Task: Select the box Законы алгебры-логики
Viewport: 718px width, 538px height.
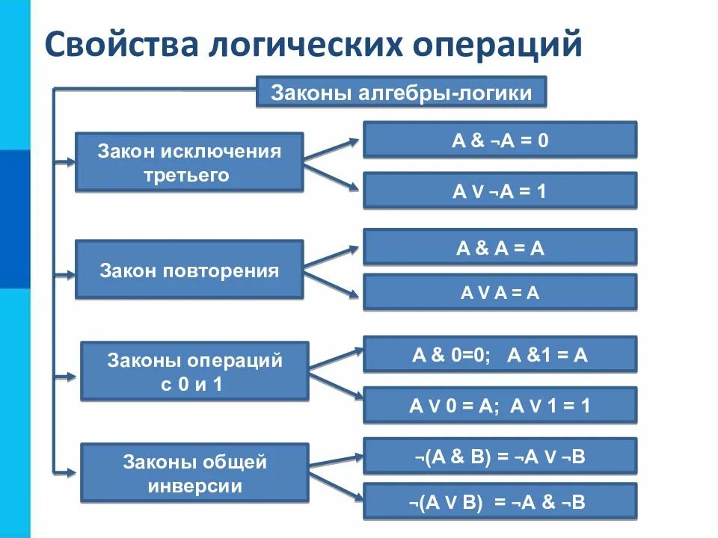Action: (x=402, y=93)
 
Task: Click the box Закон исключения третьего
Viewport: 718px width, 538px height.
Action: (x=189, y=163)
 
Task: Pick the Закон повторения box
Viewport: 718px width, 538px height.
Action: (x=189, y=270)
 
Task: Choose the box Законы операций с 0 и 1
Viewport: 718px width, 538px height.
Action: (x=194, y=371)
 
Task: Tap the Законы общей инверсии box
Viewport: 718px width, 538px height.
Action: (x=194, y=473)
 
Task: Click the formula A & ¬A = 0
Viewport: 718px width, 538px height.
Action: (x=500, y=140)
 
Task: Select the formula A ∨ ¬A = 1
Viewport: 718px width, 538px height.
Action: (x=500, y=191)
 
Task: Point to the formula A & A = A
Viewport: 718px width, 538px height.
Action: (x=500, y=247)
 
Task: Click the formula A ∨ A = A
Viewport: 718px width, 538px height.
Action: (x=500, y=292)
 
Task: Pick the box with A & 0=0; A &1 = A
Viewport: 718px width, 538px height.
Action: (x=500, y=354)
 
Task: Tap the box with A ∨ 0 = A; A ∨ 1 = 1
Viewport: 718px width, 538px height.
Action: (x=500, y=406)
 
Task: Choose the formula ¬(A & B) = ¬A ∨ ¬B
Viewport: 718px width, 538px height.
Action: (x=500, y=456)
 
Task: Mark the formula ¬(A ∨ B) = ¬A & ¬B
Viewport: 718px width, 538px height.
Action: (x=500, y=501)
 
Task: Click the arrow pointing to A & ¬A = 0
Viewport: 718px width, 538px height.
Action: (x=333, y=149)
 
